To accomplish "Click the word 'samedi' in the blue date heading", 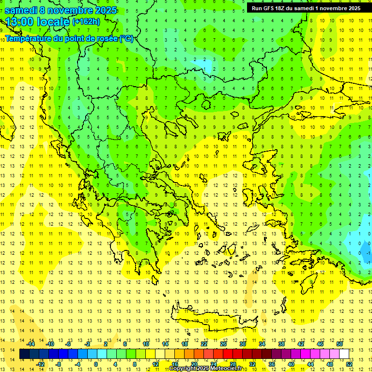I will [x=21, y=10].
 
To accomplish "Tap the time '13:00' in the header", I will [x=22, y=22].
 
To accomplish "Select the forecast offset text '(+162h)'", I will [x=86, y=21].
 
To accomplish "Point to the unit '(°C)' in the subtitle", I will [x=126, y=38].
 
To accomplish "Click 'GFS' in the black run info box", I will [x=268, y=8].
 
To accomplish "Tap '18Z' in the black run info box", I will [x=280, y=8].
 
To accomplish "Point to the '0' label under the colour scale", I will [x=95, y=364].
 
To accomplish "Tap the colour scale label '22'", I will [x=204, y=344].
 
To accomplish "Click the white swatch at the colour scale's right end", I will [x=344, y=354].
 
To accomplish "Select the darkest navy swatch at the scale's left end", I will [x=24, y=354].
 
